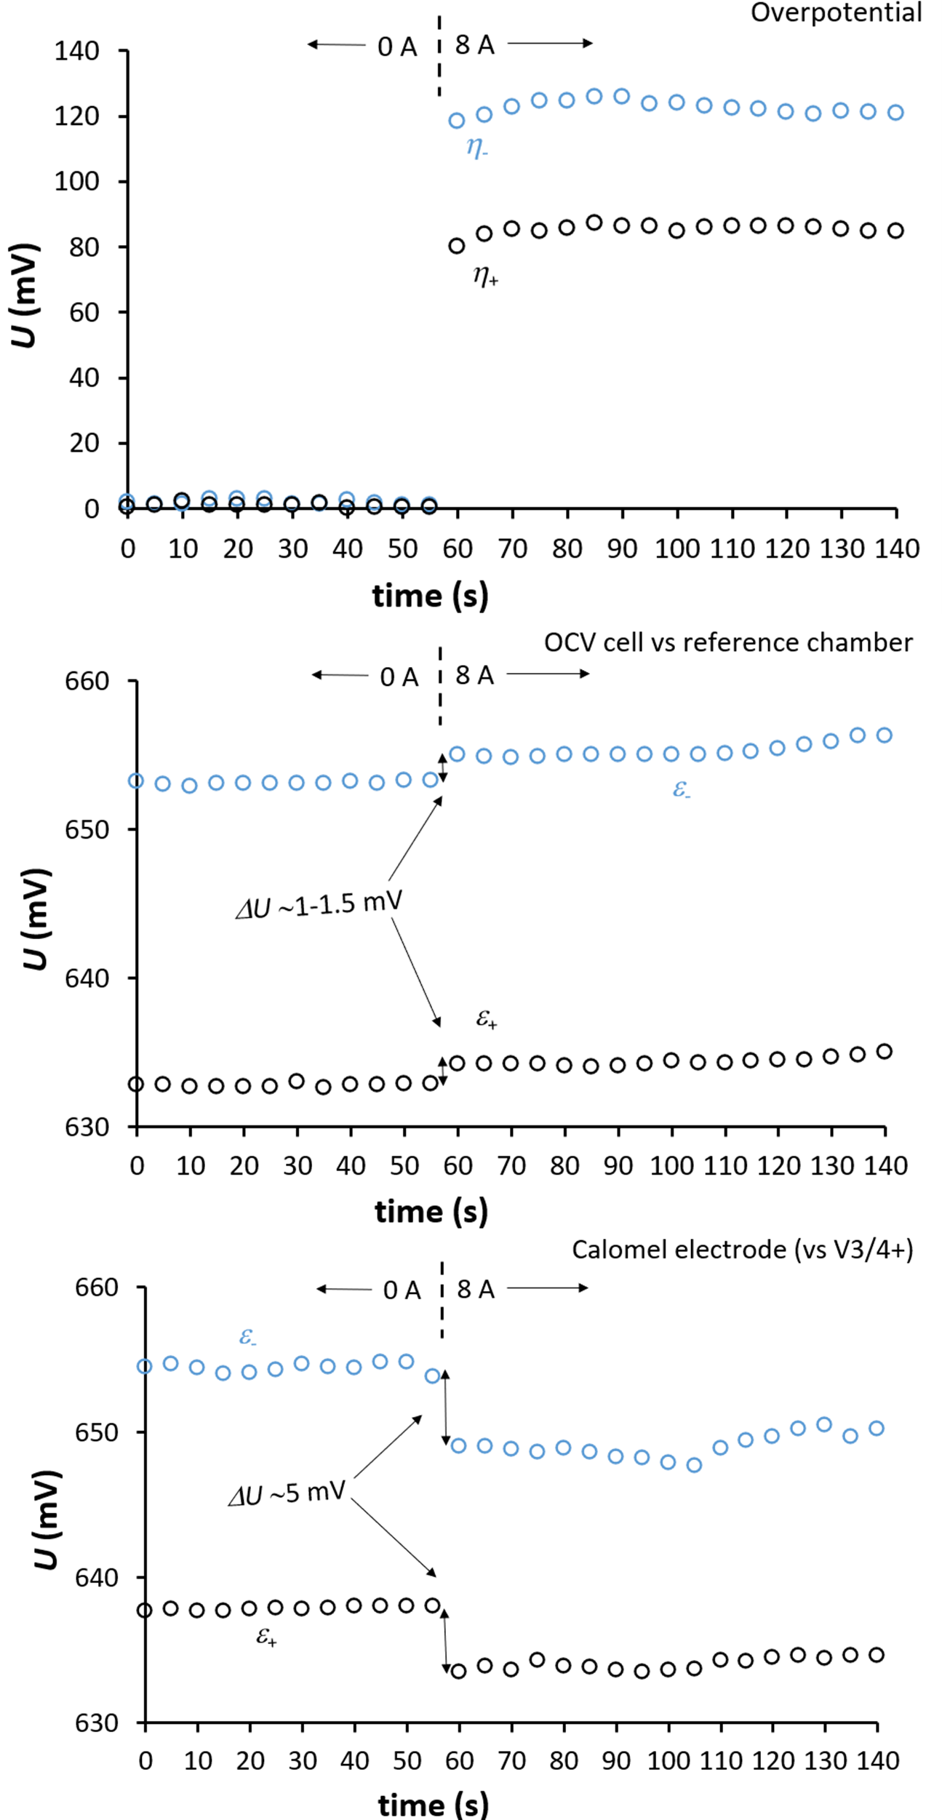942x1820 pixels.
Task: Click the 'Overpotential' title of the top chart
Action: click(x=836, y=13)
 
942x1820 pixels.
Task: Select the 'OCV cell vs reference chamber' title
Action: click(x=728, y=643)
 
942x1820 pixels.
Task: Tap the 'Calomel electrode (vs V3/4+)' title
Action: click(x=742, y=1249)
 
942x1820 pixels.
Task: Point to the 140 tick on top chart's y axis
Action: click(x=77, y=51)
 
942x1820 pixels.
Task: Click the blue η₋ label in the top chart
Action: click(x=476, y=148)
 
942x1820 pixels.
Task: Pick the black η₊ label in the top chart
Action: click(x=485, y=276)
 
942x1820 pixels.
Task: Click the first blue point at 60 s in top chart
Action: click(x=457, y=121)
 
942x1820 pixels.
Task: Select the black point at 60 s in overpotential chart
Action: click(x=457, y=246)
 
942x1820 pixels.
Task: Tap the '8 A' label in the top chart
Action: click(x=475, y=45)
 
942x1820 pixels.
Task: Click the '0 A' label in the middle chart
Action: click(x=399, y=677)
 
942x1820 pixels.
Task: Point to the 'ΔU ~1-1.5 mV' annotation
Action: click(x=319, y=905)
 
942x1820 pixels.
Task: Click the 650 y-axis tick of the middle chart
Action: click(x=87, y=830)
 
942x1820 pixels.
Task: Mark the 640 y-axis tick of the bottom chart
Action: click(x=97, y=1578)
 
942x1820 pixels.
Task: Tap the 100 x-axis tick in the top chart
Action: click(x=676, y=548)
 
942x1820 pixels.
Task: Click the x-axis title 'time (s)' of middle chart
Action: click(x=431, y=1212)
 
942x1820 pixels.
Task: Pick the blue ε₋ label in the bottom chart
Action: click(x=248, y=1336)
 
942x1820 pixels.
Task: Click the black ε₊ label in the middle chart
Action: click(x=487, y=1019)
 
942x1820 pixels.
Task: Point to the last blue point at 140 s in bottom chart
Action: click(x=877, y=1428)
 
